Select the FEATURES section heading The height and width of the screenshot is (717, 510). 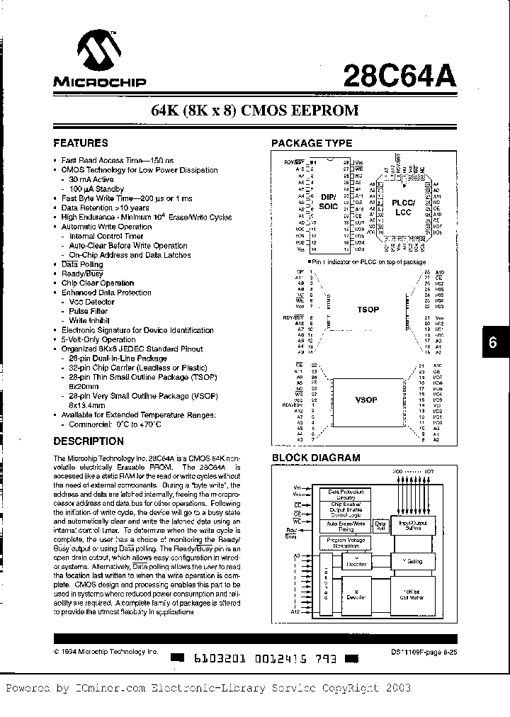coord(81,143)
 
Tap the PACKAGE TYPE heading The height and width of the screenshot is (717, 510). coord(312,143)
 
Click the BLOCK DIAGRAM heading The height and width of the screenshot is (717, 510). coord(316,458)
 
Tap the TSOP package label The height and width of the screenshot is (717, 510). coord(368,310)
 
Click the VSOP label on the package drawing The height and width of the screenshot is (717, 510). coord(366,400)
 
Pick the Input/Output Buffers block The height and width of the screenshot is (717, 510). coord(412,524)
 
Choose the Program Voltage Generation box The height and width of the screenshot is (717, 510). coord(345,543)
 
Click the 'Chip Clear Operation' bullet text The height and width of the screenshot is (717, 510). coord(98,283)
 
